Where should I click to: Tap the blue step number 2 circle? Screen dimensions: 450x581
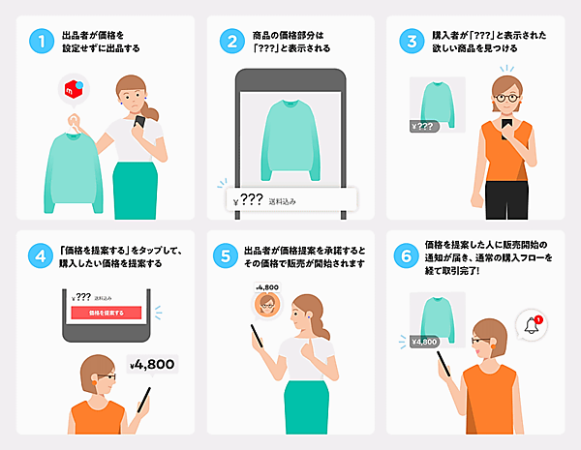[x=230, y=43]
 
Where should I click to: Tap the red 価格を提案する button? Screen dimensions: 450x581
[x=107, y=315]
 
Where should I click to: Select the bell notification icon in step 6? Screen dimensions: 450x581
[x=532, y=325]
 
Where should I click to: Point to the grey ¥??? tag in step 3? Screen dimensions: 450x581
[x=423, y=126]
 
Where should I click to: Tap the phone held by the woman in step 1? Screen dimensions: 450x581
[x=139, y=124]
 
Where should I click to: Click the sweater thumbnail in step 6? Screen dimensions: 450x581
[x=436, y=312]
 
